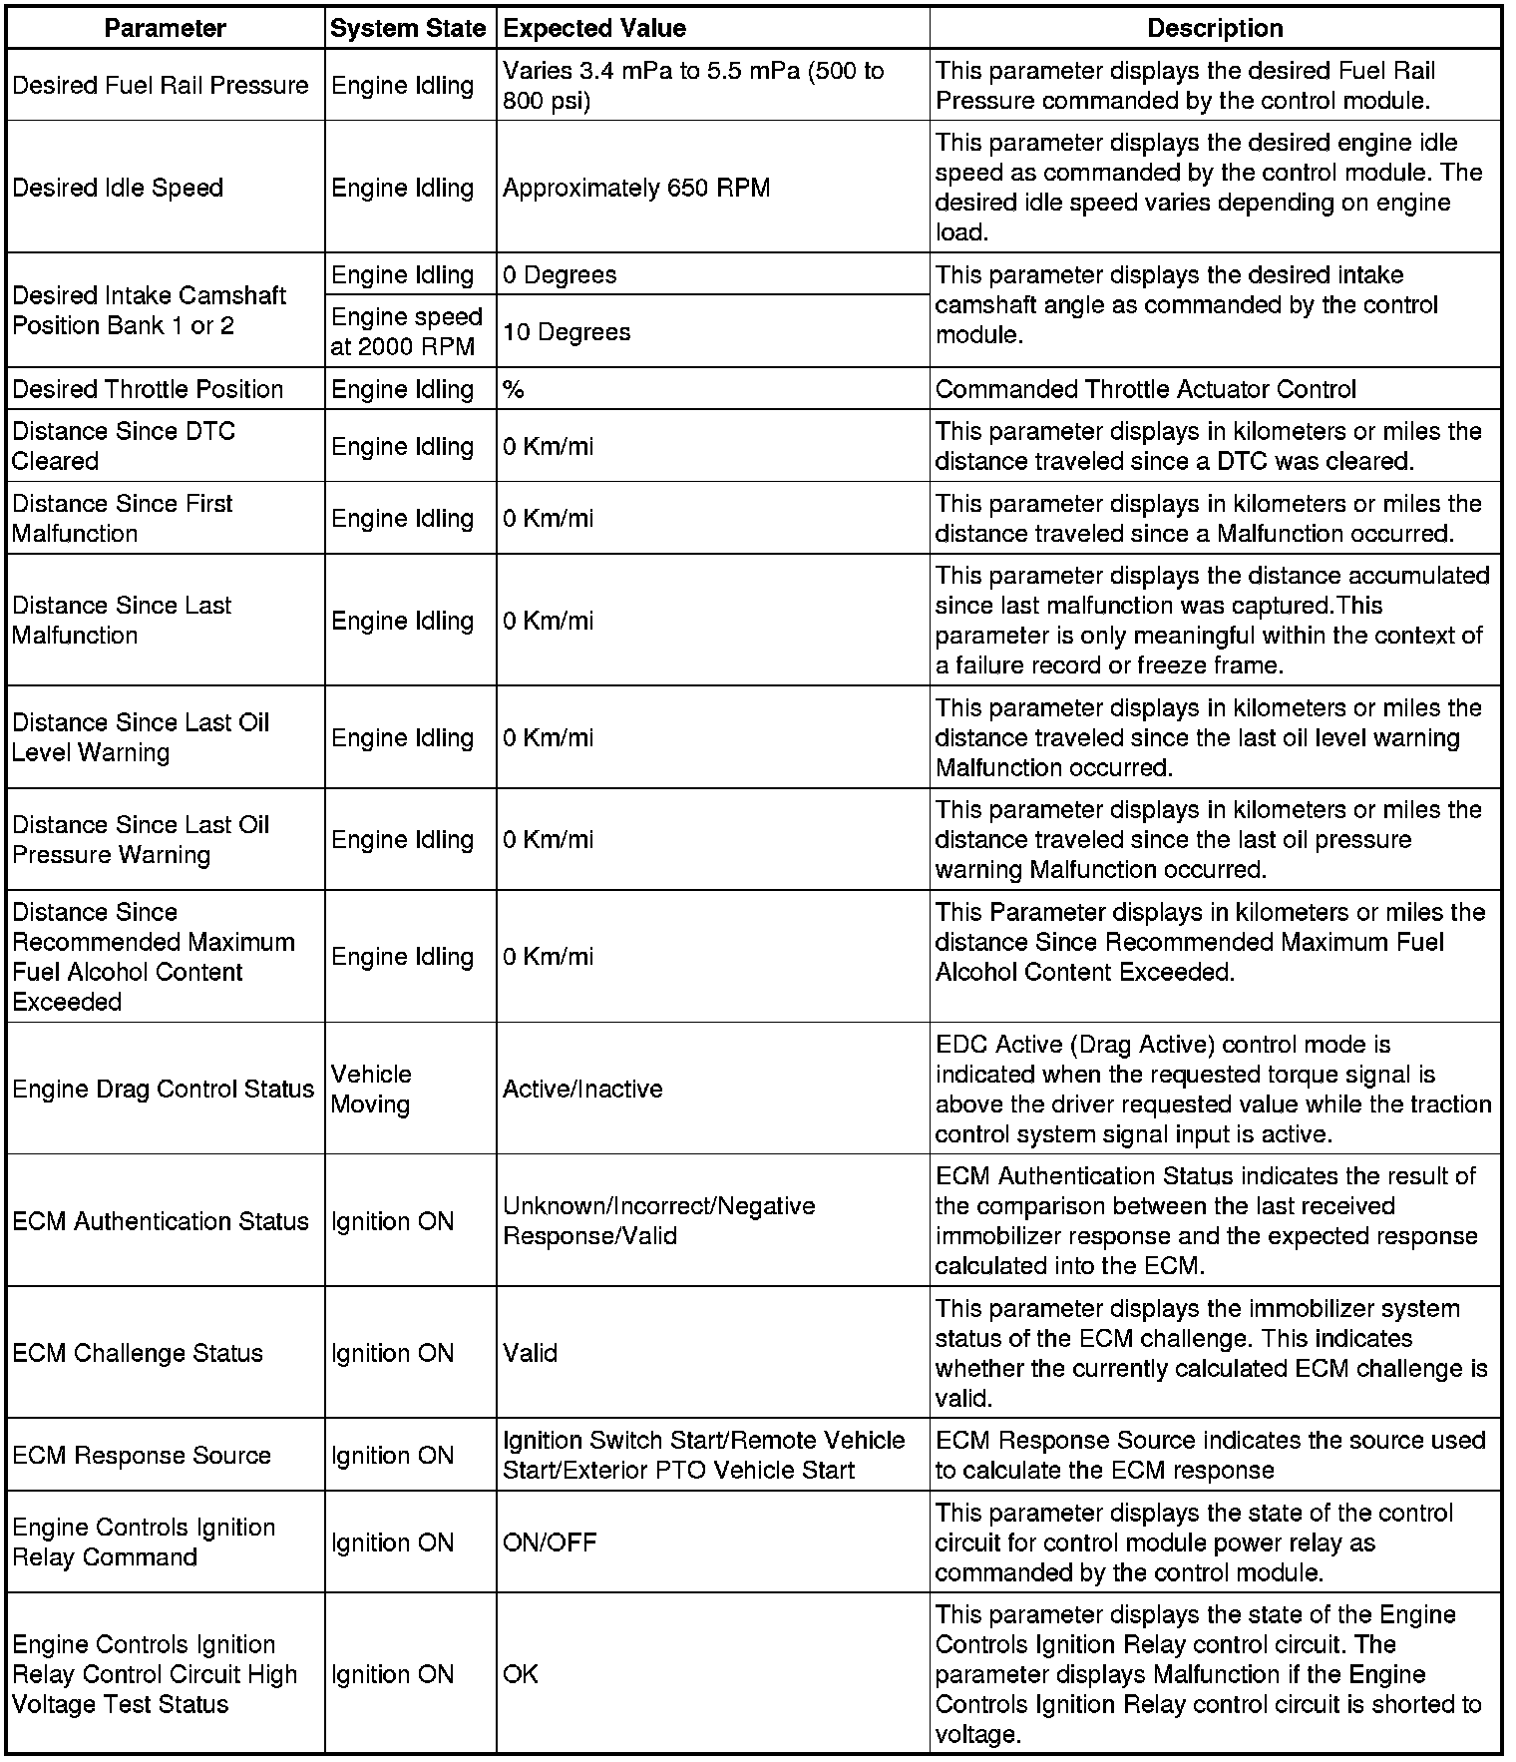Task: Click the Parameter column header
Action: point(165,28)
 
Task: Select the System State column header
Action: point(408,28)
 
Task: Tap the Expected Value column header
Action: point(594,28)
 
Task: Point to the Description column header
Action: point(1215,28)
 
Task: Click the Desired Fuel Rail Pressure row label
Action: point(161,85)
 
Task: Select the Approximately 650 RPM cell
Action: point(636,188)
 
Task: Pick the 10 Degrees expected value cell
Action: point(567,331)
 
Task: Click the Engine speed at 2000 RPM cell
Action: point(406,331)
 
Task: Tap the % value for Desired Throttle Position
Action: point(514,389)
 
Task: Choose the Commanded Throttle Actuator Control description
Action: point(1145,389)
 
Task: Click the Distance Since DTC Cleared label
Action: point(124,446)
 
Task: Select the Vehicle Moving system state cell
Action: point(371,1089)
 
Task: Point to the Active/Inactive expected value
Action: point(582,1089)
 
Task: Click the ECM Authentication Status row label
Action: point(161,1221)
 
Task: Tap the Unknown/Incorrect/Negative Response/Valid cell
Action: point(658,1220)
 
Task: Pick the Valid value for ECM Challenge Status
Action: point(530,1353)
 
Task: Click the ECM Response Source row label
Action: point(142,1455)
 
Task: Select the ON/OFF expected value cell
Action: point(550,1542)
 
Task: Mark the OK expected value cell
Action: point(520,1674)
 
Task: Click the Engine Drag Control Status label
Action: point(164,1089)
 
